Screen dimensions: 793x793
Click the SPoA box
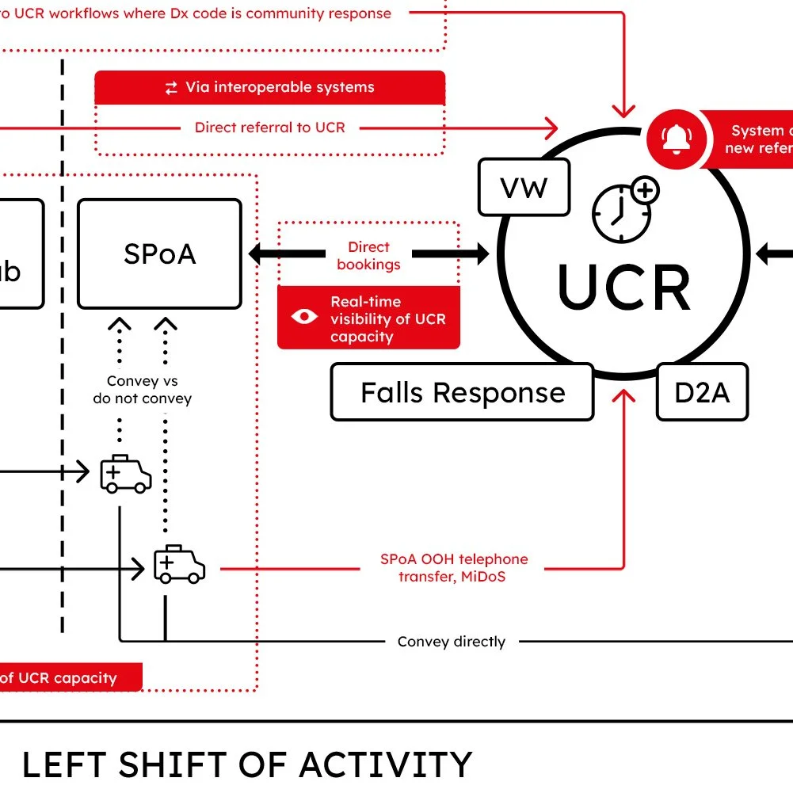pos(159,254)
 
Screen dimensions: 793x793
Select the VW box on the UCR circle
pos(524,188)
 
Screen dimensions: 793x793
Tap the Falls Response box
pos(463,392)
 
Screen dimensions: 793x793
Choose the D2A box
pos(702,392)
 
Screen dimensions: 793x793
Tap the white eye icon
pos(303,318)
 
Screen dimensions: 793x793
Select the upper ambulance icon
pos(125,474)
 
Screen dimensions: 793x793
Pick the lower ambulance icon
pos(179,564)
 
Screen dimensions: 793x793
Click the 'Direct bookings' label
pos(368,256)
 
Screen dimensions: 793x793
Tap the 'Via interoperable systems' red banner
pos(269,87)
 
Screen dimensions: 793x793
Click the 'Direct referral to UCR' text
pos(269,127)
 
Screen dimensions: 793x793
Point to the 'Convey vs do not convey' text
pos(143,390)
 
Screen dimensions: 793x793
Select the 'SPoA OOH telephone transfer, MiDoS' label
pos(454,568)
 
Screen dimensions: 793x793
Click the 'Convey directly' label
pos(452,642)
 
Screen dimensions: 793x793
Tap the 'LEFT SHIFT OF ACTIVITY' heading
pos(246,765)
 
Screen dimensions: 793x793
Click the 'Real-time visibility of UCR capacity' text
pos(388,319)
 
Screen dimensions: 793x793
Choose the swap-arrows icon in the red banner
pos(171,88)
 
